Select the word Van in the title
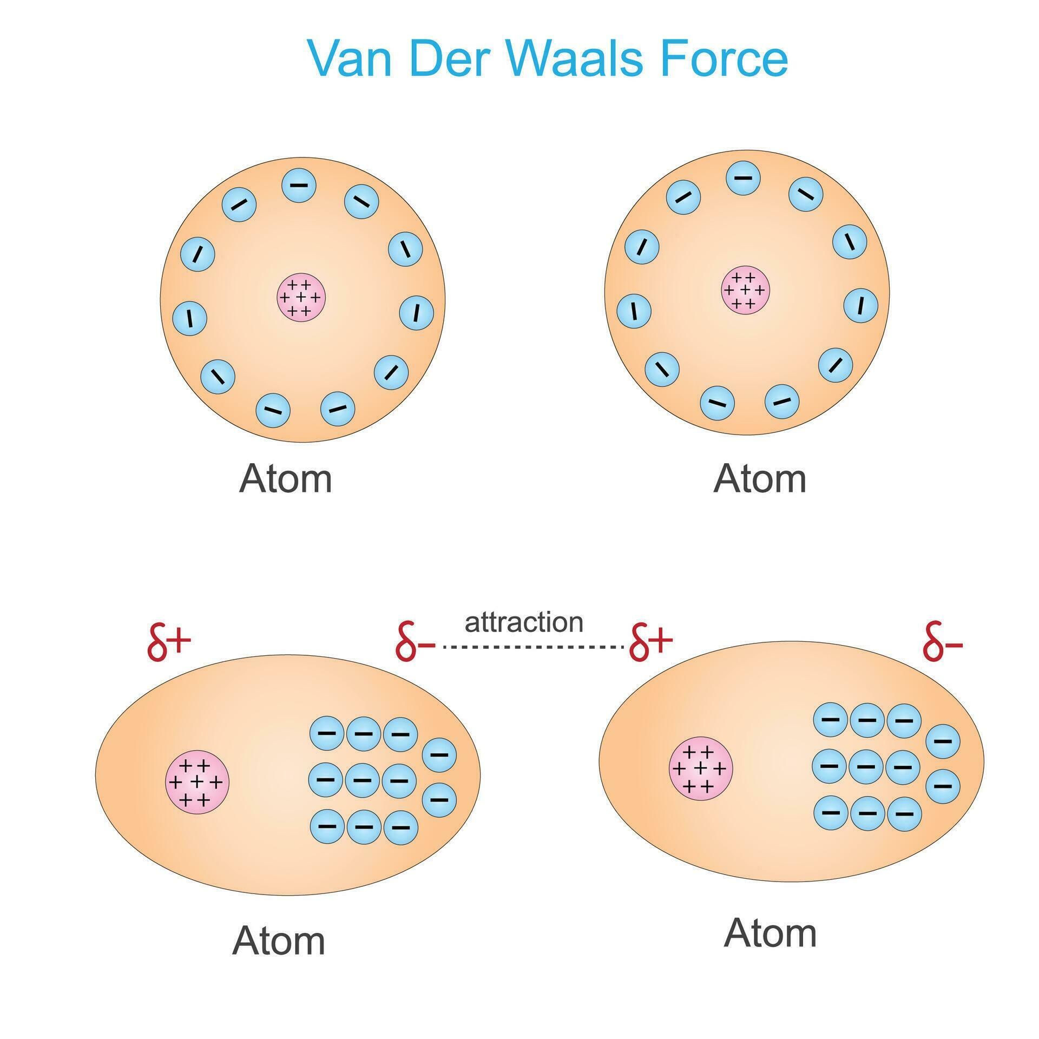(x=349, y=57)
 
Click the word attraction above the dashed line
(x=524, y=622)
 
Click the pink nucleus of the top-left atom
(x=301, y=298)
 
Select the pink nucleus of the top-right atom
(x=746, y=290)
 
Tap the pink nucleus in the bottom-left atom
(x=197, y=782)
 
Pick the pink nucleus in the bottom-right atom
(x=701, y=768)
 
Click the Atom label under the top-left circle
(x=285, y=479)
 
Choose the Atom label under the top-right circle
(x=760, y=479)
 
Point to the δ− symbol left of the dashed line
(x=416, y=642)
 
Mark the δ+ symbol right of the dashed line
(x=651, y=642)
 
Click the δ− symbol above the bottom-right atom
(x=943, y=642)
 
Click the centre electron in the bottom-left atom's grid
(x=362, y=780)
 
